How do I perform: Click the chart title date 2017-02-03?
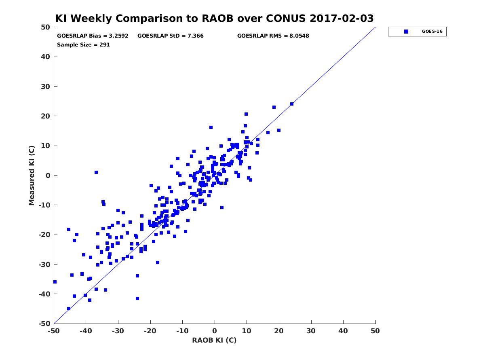[x=342, y=18]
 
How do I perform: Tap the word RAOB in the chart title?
[x=217, y=18]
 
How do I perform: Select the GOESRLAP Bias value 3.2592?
[x=118, y=36]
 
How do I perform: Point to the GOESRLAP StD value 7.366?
[x=196, y=36]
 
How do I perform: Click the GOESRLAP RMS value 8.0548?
[x=299, y=36]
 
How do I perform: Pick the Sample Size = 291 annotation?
[x=83, y=45]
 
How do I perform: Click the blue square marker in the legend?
[x=406, y=32]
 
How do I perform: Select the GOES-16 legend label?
[x=432, y=32]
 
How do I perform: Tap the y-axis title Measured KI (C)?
[x=32, y=176]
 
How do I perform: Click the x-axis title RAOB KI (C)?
[x=214, y=340]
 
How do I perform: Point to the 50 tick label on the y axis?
[x=46, y=27]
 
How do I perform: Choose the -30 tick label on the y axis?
[x=44, y=265]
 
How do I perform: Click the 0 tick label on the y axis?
[x=48, y=176]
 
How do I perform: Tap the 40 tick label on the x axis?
[x=343, y=331]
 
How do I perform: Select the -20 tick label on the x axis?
[x=150, y=331]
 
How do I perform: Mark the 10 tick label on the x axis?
[x=247, y=331]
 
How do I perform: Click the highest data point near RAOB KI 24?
[x=292, y=104]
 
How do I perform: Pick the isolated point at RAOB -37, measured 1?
[x=96, y=172]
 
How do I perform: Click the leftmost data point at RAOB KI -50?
[x=55, y=282]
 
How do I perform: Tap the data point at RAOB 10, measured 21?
[x=246, y=114]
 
